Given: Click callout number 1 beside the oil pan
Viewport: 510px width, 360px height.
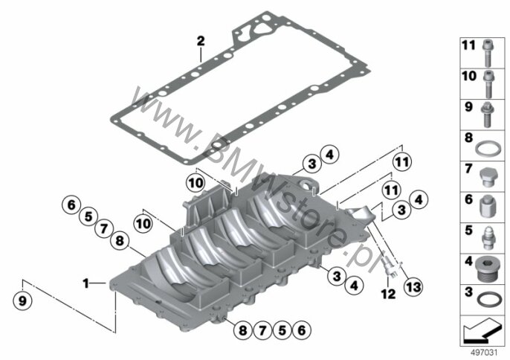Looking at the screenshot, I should coord(85,283).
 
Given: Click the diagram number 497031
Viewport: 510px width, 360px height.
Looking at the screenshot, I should coord(485,350).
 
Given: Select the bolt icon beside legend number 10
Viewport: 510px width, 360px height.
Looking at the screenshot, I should coord(488,77).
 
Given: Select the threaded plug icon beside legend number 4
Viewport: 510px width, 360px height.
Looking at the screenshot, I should coord(488,266).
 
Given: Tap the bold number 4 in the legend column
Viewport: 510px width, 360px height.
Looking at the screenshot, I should coord(468,262).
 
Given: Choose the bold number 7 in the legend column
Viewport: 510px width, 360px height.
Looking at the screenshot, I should coord(468,169).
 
